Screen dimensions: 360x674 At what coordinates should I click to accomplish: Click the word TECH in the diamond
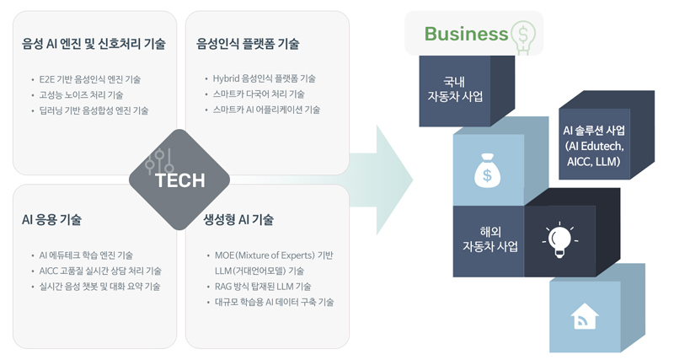click(179, 180)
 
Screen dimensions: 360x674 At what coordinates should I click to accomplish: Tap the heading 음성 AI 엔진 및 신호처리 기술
click(94, 44)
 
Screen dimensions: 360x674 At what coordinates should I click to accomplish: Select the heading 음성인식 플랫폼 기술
click(248, 44)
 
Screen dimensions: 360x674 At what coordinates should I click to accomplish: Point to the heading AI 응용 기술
click(51, 220)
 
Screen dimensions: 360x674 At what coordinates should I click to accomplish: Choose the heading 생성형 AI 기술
click(238, 220)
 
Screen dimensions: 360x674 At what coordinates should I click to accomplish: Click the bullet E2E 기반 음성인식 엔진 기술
click(90, 79)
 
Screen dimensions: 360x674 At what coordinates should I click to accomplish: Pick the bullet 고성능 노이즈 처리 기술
click(81, 94)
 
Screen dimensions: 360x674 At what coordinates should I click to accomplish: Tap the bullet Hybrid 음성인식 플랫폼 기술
click(265, 79)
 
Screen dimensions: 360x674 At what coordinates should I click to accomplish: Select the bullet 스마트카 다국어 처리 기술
click(259, 94)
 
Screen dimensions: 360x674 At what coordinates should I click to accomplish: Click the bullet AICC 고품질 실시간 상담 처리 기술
click(100, 271)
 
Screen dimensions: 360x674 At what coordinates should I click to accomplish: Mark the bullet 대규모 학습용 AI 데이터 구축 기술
click(275, 301)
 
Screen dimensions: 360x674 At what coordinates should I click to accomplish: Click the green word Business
click(466, 34)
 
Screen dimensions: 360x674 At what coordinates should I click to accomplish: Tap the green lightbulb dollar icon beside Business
click(523, 35)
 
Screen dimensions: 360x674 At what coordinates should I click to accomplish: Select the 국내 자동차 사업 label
click(455, 89)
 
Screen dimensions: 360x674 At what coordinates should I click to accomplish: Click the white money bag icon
click(488, 169)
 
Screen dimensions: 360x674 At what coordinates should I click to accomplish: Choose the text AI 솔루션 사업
click(595, 131)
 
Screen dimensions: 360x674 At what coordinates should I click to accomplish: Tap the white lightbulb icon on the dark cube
click(559, 240)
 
